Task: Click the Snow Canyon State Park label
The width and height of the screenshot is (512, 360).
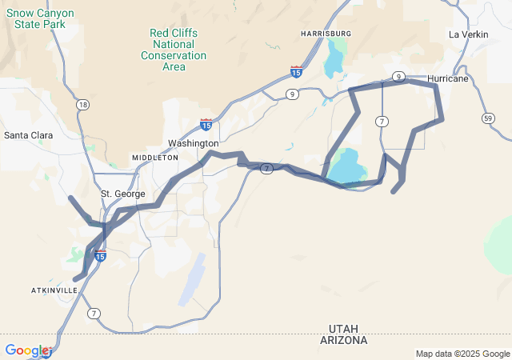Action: [45, 18]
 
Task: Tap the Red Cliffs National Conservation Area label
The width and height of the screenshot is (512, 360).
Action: [174, 50]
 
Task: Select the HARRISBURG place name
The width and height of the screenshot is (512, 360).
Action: [326, 33]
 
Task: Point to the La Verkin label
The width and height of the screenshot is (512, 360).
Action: [468, 34]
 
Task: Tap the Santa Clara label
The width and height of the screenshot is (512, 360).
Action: [28, 135]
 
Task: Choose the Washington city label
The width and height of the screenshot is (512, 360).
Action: [193, 143]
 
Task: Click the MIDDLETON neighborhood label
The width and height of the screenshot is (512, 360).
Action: [155, 158]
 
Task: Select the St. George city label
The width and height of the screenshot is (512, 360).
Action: [123, 194]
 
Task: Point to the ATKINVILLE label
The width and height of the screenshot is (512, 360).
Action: [55, 289]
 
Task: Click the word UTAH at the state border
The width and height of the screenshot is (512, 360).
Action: [348, 328]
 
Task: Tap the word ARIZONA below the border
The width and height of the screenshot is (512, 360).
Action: [347, 340]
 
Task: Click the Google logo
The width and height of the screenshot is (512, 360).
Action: [27, 350]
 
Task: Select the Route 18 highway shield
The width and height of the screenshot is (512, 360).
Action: [82, 105]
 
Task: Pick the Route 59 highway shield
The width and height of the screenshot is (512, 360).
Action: [488, 118]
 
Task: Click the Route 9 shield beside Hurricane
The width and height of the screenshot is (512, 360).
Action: [398, 76]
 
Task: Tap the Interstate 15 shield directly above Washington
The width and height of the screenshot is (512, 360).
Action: [206, 124]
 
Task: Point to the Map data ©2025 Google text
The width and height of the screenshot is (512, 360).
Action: [462, 354]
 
